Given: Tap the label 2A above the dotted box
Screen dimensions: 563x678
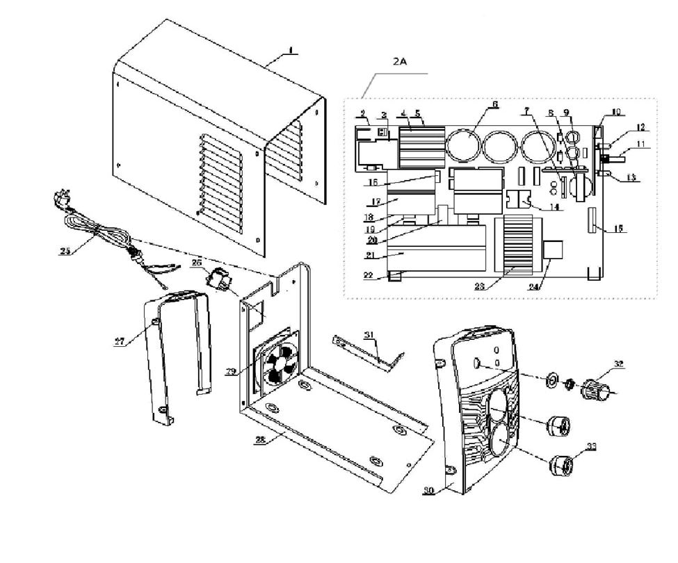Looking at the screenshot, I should [399, 62].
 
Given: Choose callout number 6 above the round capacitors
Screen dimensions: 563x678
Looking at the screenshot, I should [495, 105].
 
